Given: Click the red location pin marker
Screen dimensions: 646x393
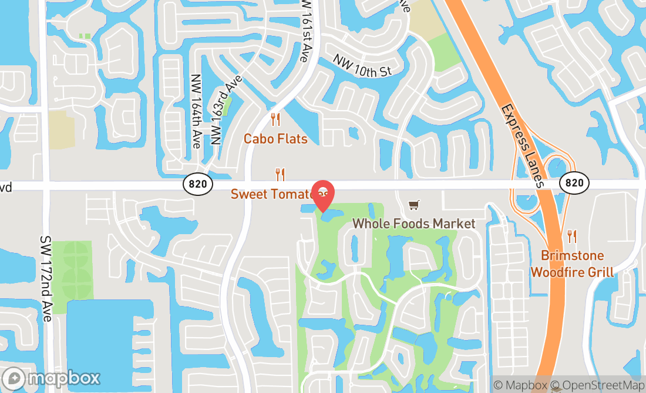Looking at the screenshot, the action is pos(322,195).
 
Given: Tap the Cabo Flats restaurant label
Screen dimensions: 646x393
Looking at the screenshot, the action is pos(275,139).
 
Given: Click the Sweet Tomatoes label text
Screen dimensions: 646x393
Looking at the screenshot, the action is pos(271,194).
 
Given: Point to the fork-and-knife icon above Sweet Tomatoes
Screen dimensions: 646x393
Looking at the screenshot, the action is pos(280,174).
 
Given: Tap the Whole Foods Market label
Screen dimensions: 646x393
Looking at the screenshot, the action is pos(413,224).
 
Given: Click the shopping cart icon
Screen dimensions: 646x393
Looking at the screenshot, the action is pos(414,205).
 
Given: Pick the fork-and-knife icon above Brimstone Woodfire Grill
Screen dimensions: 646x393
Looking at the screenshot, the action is pos(572,237).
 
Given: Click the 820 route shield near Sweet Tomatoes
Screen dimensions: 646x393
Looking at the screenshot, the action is pos(198,184).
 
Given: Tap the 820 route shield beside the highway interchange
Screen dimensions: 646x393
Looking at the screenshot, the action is pos(574,183).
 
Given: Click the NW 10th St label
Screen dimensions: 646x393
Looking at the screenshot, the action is pos(362,65).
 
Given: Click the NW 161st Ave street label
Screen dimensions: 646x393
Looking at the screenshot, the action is pos(304,31).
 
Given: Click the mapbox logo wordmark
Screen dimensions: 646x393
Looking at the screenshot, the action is pos(51,378).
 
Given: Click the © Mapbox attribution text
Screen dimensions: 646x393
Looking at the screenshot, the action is pos(520,386).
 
